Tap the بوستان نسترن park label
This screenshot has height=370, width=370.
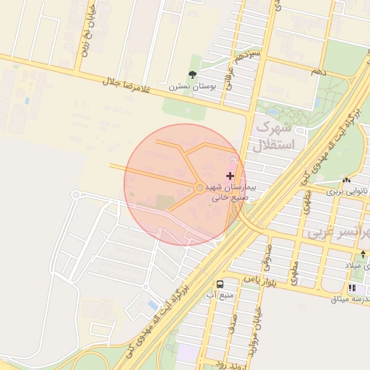[x=188, y=86]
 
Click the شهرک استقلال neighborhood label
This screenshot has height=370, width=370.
[x=274, y=135]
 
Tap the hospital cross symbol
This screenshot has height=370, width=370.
[x=231, y=176]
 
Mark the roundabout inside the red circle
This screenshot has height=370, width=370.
[x=200, y=189]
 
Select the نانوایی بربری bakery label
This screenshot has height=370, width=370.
[x=345, y=192]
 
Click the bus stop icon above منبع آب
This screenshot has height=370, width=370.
[x=220, y=284]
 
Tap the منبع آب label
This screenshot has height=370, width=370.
[x=220, y=296]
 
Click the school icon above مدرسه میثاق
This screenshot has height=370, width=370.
[x=352, y=288]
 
